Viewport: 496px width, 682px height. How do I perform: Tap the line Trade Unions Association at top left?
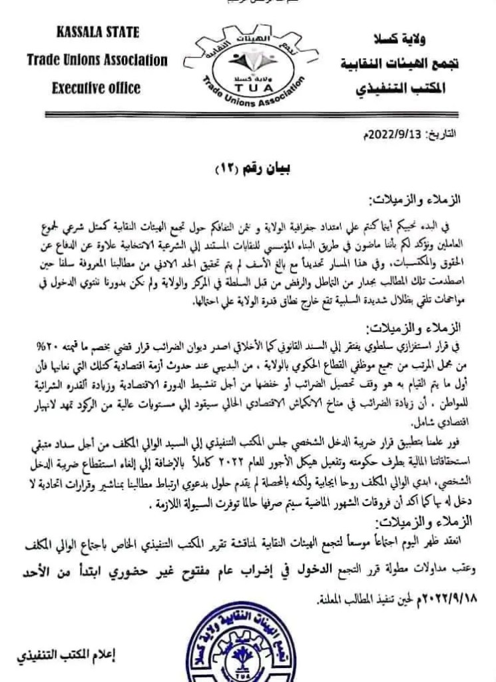tap(97, 61)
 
